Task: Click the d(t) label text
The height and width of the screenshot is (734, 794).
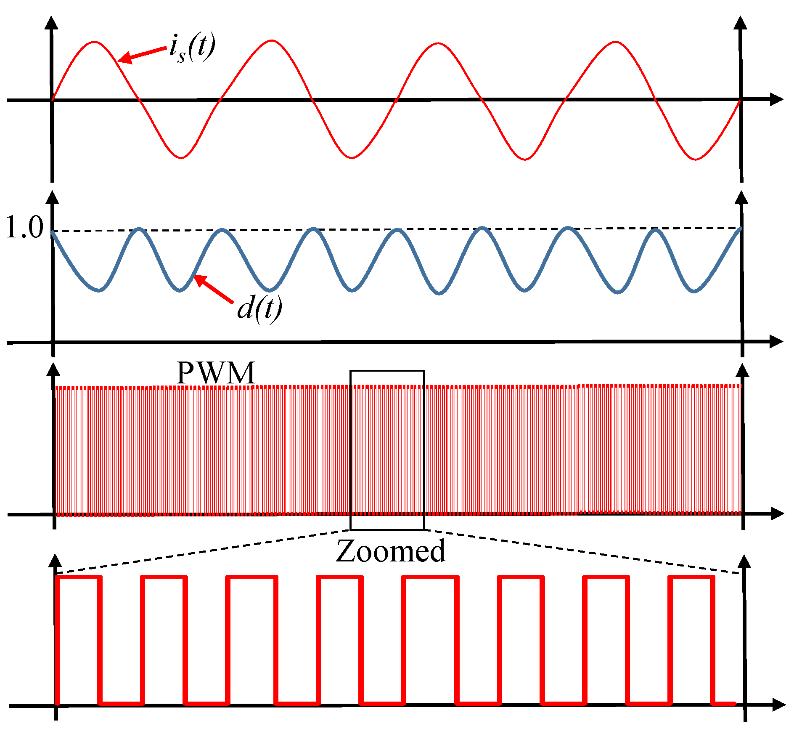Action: point(259,308)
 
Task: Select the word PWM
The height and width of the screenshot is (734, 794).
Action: point(216,373)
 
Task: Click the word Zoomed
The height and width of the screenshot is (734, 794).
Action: point(390,551)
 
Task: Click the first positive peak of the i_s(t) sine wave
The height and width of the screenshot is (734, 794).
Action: point(95,42)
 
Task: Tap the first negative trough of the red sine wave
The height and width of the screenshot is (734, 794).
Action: point(181,158)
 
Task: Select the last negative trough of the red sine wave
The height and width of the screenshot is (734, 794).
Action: point(696,160)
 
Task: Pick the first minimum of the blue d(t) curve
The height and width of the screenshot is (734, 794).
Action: point(99,290)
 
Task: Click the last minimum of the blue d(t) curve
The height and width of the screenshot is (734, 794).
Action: point(694,291)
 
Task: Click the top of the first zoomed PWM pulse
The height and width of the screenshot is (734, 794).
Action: point(79,577)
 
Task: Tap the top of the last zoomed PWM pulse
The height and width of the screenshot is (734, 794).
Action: point(691,577)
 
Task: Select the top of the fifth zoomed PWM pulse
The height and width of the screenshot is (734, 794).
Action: point(430,577)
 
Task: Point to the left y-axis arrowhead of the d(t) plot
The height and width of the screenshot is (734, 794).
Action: point(52,198)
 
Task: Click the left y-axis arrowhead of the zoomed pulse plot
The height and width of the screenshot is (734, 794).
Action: point(55,562)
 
